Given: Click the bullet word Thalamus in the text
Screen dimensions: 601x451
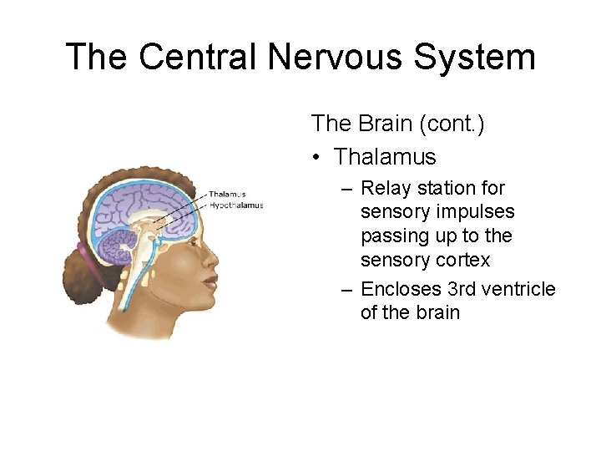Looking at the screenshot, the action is click(x=385, y=156).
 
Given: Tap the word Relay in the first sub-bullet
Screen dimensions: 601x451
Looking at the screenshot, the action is click(x=386, y=189).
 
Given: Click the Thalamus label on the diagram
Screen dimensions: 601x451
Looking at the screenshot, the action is click(x=226, y=195).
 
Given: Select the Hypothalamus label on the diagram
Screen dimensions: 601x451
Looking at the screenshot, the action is click(x=236, y=205).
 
